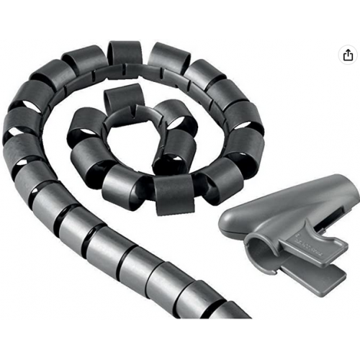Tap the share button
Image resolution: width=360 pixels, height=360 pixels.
coord(348,55)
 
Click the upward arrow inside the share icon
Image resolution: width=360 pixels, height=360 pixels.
coord(348,53)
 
